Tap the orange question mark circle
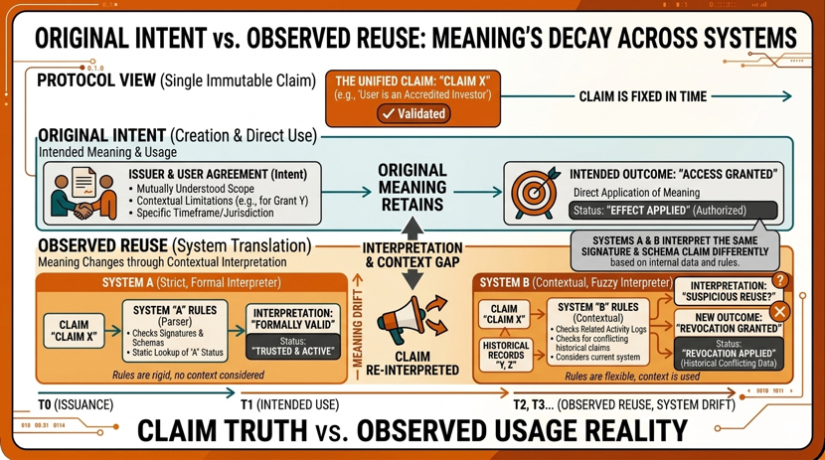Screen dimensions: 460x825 coord(781,282)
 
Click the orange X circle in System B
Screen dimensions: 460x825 coord(780,311)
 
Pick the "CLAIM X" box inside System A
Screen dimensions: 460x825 coord(74,331)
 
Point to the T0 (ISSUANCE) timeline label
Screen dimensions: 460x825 coord(76,405)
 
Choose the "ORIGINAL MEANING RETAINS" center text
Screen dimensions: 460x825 coord(411,188)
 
